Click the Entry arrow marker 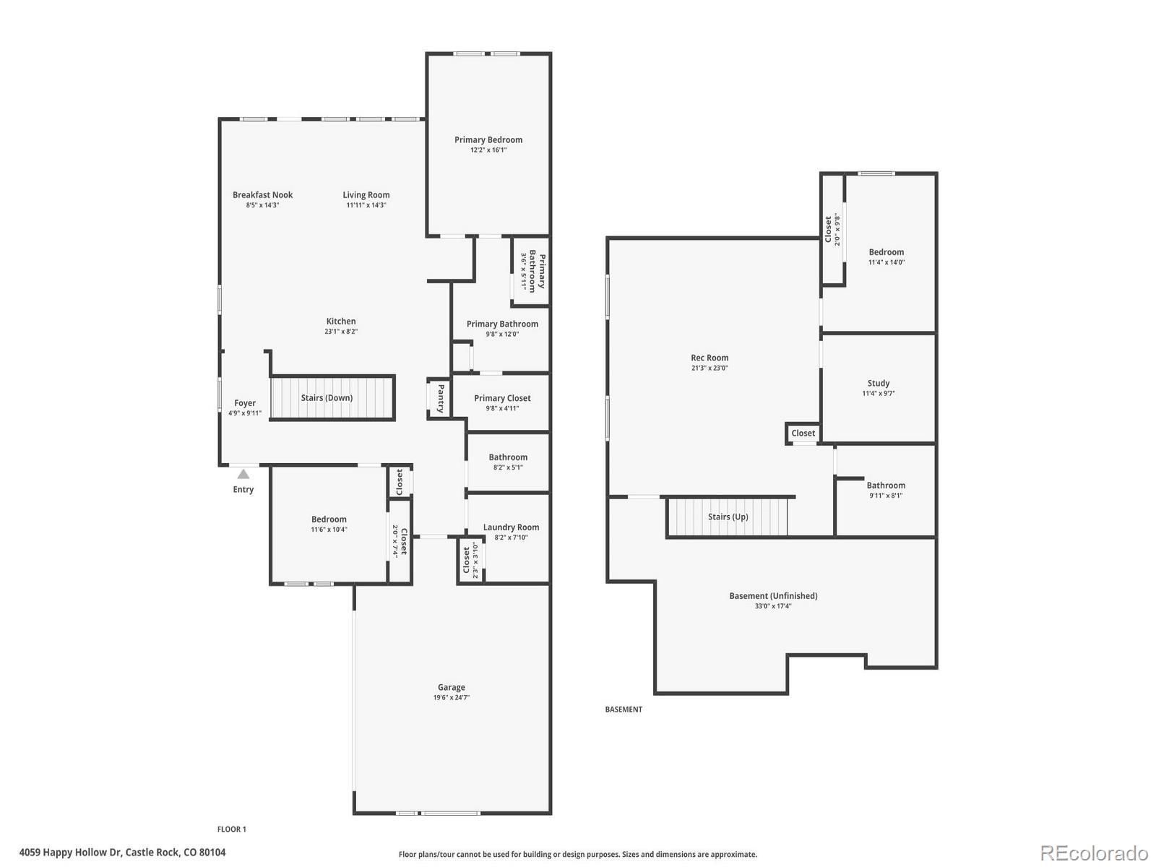pos(243,474)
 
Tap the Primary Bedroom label pos(488,139)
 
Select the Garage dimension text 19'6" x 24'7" pos(451,697)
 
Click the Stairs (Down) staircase pos(332,398)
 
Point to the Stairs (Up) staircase pos(727,517)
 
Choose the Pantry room pos(439,399)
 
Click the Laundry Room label pos(511,527)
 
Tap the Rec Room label pos(709,358)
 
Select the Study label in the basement pos(878,383)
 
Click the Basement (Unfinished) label pos(773,596)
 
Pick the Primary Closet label pos(502,398)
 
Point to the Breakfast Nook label pos(262,195)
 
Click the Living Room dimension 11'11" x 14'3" pos(366,205)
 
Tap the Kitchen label pos(341,321)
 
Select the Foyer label pos(245,403)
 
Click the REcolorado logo pos(1094,853)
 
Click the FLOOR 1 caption pos(232,829)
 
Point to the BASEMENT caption pos(623,709)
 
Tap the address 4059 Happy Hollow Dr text pos(71,853)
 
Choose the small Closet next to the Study pos(803,433)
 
